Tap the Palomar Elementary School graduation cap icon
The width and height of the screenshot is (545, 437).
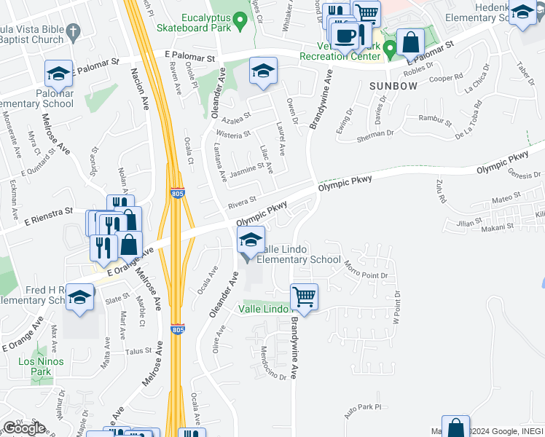(58, 73)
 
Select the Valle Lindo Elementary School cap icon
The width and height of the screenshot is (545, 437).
(250, 238)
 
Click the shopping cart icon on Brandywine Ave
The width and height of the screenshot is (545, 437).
(304, 296)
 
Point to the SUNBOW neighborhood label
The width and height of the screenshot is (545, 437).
(393, 86)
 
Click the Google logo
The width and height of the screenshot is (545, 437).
(24, 428)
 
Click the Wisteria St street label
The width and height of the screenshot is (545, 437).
(233, 134)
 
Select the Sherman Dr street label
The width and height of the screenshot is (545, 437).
(375, 135)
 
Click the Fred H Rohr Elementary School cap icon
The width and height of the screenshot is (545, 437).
(80, 296)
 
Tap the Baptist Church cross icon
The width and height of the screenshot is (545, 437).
(71, 31)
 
